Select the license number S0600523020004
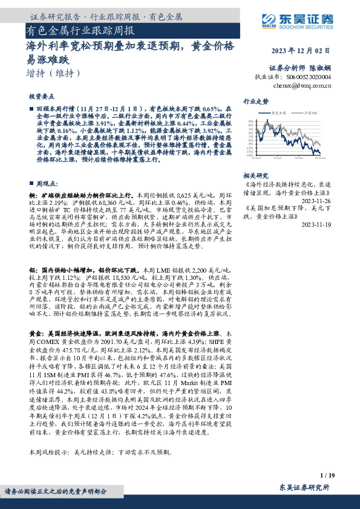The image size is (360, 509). (309, 77)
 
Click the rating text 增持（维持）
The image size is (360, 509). (54, 73)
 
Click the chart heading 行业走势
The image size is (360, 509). (256, 102)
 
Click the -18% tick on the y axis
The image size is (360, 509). (249, 155)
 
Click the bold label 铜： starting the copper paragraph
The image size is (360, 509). (33, 196)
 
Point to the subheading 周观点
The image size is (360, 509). (46, 182)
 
